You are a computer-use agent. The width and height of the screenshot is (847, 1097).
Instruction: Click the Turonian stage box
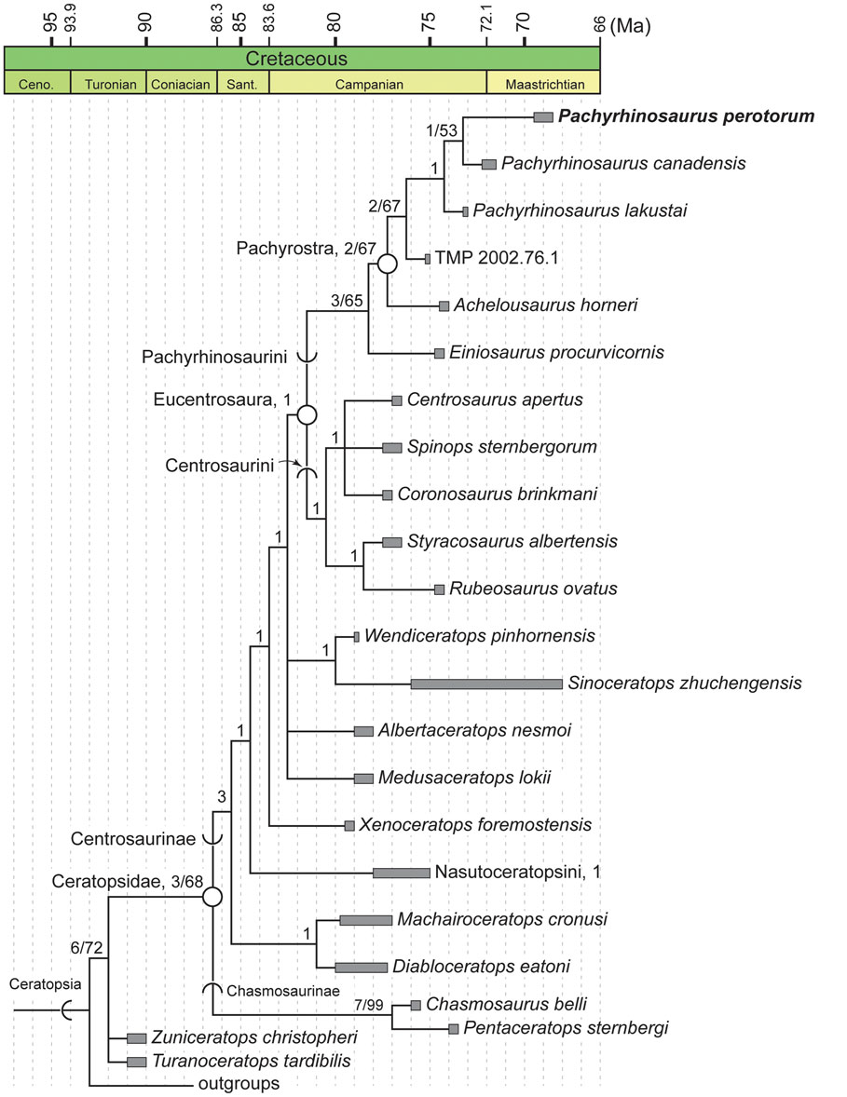pyautogui.click(x=108, y=84)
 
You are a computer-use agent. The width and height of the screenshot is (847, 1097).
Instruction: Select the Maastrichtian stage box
pyautogui.click(x=544, y=84)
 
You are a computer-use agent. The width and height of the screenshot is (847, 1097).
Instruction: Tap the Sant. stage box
pyautogui.click(x=242, y=84)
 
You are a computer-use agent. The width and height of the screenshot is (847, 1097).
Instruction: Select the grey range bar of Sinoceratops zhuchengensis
pyautogui.click(x=485, y=684)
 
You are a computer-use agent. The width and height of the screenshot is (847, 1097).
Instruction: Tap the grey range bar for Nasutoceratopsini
pyautogui.click(x=401, y=873)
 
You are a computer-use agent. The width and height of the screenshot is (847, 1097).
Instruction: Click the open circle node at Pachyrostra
pyautogui.click(x=387, y=264)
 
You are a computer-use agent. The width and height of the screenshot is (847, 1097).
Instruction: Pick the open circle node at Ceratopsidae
pyautogui.click(x=212, y=897)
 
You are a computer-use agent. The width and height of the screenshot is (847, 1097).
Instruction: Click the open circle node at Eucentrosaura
pyautogui.click(x=307, y=414)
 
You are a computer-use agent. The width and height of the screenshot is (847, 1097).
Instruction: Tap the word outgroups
pyautogui.click(x=239, y=1083)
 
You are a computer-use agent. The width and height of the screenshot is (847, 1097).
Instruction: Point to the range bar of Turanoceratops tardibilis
pyautogui.click(x=137, y=1062)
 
